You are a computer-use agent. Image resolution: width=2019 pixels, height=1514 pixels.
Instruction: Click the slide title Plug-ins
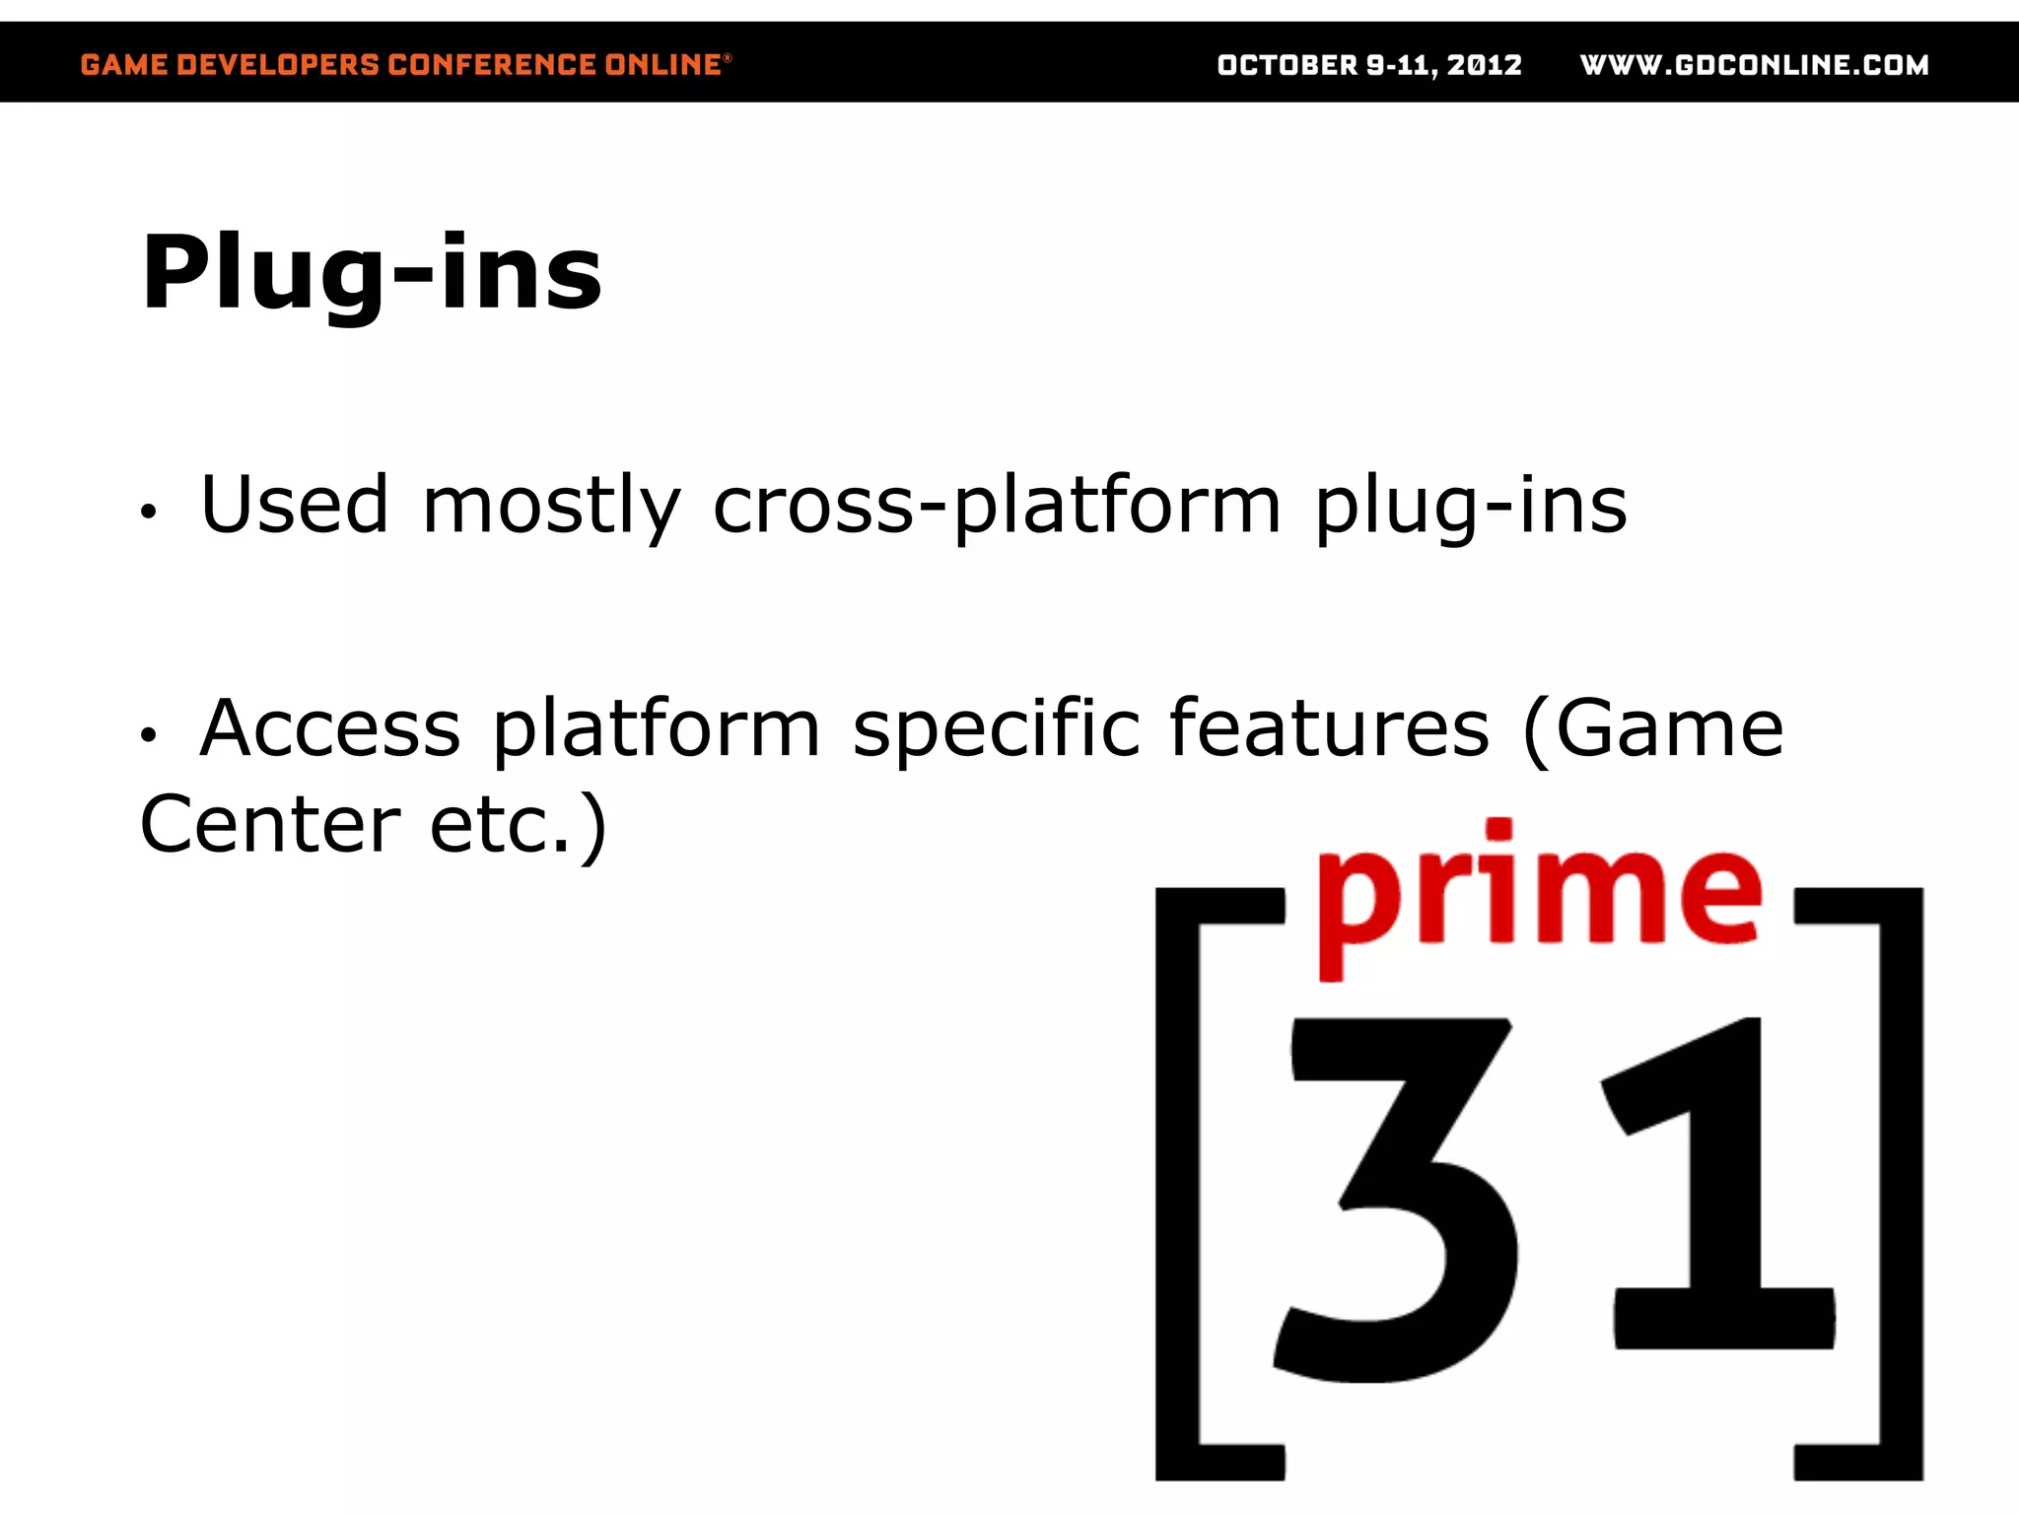(x=371, y=274)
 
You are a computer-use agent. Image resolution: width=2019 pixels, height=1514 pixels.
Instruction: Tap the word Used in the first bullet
(x=294, y=505)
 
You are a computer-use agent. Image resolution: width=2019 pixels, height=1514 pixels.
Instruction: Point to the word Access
(x=330, y=729)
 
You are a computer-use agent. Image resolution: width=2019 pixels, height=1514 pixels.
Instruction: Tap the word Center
(x=270, y=824)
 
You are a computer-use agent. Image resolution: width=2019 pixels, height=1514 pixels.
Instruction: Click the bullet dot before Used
(x=148, y=512)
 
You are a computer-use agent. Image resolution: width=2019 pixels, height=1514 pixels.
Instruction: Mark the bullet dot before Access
(x=148, y=734)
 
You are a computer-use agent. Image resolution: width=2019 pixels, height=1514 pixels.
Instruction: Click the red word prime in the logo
(x=1538, y=892)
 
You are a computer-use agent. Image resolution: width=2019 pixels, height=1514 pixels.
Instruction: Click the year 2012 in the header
(x=1485, y=65)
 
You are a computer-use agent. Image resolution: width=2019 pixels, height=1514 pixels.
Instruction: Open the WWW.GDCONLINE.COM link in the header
(x=1754, y=65)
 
